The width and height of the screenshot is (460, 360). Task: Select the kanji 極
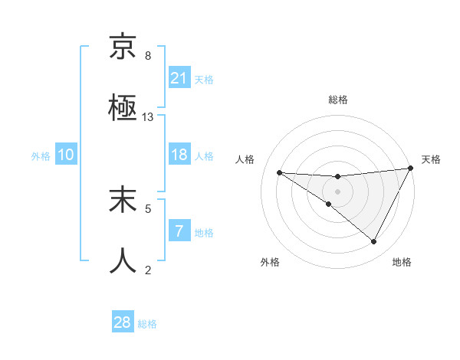click(123, 109)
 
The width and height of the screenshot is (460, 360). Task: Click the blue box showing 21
click(179, 78)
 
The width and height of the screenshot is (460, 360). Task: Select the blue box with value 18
click(179, 155)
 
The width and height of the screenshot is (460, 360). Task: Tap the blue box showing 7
click(179, 231)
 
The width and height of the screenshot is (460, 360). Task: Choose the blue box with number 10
click(66, 155)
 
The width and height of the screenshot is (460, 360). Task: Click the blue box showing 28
click(123, 322)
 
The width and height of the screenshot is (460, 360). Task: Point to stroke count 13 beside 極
click(148, 117)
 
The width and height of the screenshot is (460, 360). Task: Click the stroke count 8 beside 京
click(148, 56)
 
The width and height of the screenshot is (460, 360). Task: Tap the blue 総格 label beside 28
click(147, 324)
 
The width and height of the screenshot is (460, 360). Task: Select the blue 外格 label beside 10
click(41, 155)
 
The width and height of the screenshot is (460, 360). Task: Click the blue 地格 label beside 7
click(204, 232)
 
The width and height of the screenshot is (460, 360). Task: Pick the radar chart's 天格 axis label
click(431, 159)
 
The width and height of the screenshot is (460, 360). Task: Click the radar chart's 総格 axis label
click(338, 100)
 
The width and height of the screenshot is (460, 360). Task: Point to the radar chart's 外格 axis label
click(270, 262)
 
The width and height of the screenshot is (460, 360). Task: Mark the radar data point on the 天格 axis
click(411, 169)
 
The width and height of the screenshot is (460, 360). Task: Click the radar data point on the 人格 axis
click(279, 172)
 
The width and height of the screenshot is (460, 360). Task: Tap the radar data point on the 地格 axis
click(373, 241)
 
